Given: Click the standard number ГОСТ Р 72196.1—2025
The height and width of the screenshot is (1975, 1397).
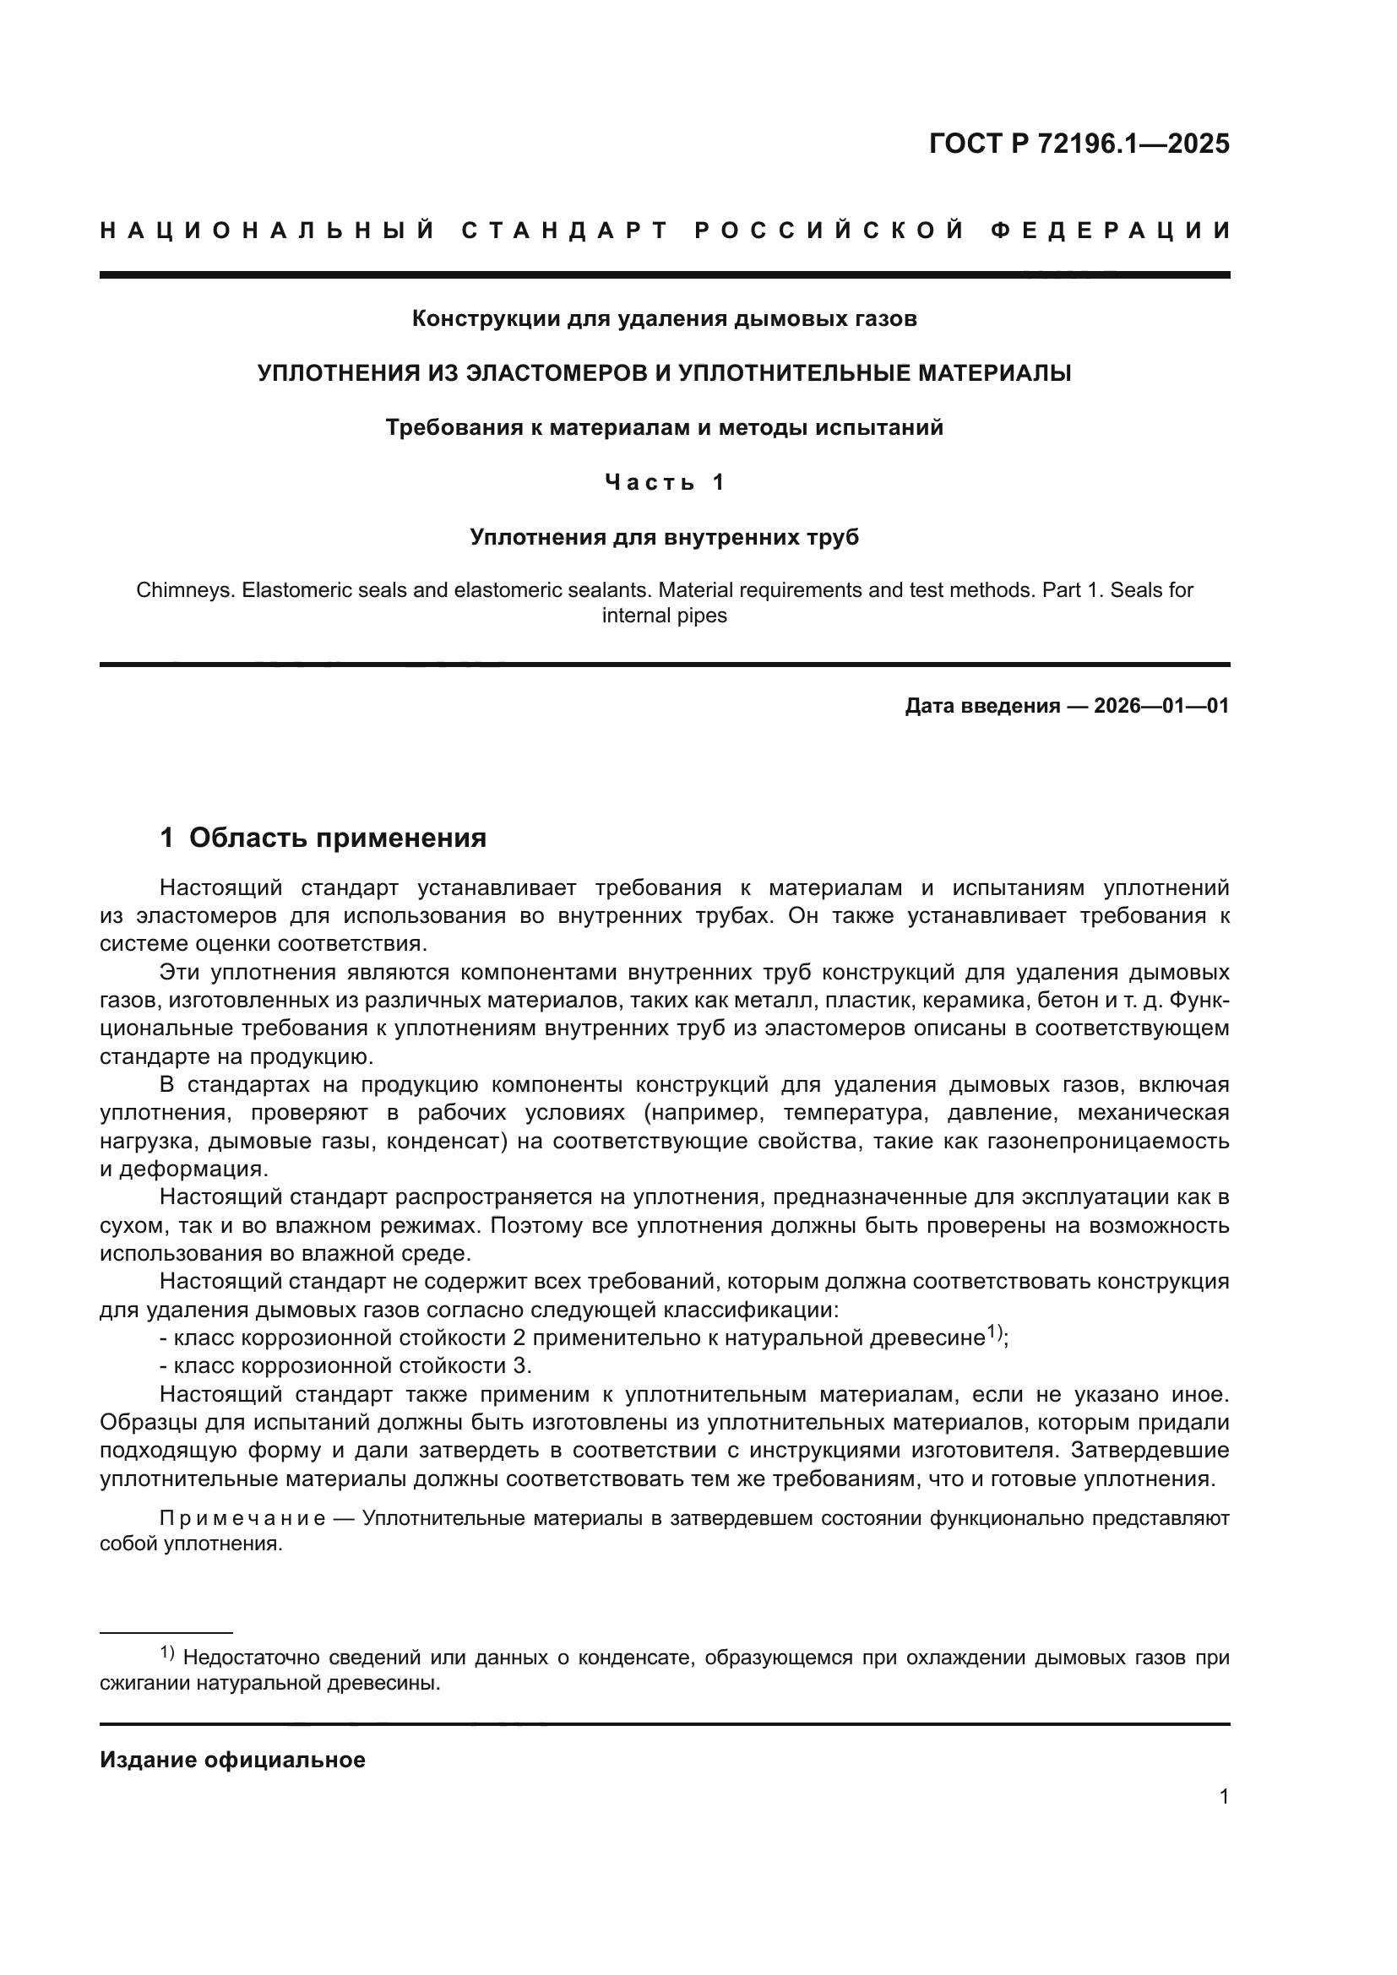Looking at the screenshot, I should (x=1079, y=144).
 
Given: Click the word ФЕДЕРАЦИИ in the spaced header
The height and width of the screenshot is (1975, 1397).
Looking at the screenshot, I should (x=1111, y=231).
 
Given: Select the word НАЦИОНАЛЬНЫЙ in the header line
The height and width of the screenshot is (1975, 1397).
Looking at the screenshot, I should (x=268, y=231).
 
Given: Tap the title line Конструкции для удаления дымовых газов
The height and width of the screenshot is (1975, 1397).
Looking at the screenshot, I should (x=664, y=319).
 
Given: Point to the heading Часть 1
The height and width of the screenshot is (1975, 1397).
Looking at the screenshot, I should (x=664, y=483).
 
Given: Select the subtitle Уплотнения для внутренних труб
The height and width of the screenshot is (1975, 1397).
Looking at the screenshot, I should (x=664, y=538).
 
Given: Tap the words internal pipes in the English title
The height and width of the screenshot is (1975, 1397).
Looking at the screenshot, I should (x=664, y=616).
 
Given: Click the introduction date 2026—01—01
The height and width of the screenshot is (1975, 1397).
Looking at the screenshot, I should (x=1161, y=707).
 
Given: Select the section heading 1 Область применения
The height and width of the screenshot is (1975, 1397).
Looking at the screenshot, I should (x=323, y=838).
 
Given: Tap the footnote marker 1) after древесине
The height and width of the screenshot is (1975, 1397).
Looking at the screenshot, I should (x=995, y=1332).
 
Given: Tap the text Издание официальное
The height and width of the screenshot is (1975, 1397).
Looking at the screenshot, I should (x=232, y=1760).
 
